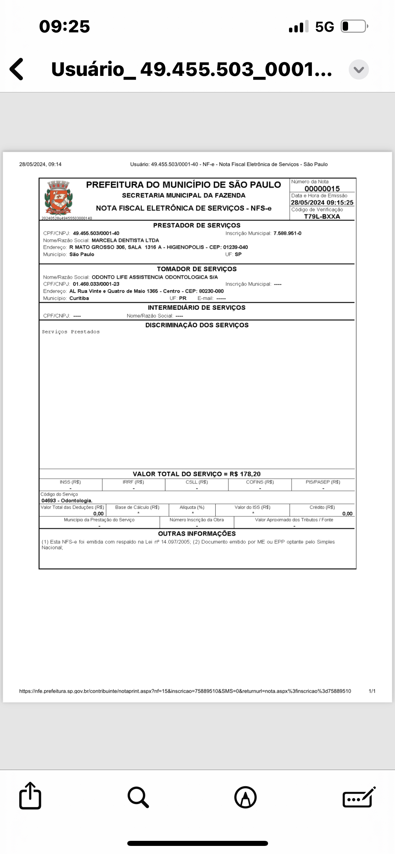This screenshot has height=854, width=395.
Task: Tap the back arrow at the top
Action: tap(17, 69)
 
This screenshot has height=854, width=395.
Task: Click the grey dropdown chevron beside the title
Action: tap(359, 69)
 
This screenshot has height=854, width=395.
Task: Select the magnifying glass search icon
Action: tap(138, 797)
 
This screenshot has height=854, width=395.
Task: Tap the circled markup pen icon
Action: tap(245, 797)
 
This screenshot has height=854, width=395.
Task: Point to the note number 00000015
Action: tap(322, 189)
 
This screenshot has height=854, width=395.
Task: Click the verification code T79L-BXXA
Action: tap(322, 217)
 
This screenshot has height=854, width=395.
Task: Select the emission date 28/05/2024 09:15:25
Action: tap(322, 202)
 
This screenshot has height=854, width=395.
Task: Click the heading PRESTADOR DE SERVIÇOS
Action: tap(196, 225)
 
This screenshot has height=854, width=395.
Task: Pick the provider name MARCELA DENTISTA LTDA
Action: tap(125, 240)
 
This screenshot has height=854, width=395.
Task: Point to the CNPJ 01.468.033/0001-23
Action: tap(96, 284)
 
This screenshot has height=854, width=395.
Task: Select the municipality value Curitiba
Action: tap(79, 298)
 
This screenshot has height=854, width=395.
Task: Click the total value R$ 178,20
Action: tap(245, 474)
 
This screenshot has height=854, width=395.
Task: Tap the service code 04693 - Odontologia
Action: tap(67, 501)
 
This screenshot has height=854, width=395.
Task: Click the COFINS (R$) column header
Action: tap(260, 482)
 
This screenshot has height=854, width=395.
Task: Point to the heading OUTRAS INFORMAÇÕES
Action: tap(196, 534)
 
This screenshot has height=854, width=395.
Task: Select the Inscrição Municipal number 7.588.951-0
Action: tap(287, 233)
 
